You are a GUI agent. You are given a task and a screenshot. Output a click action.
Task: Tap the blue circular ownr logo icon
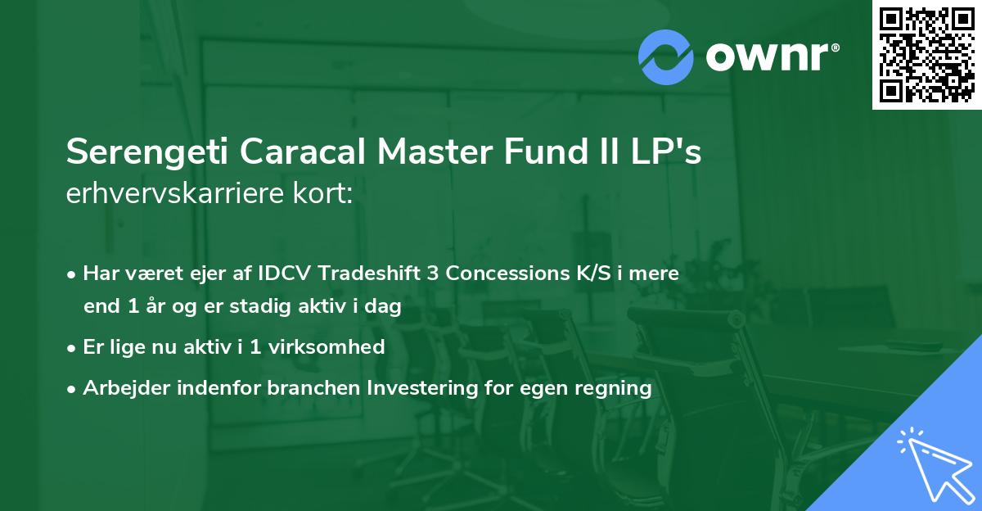(666, 57)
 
